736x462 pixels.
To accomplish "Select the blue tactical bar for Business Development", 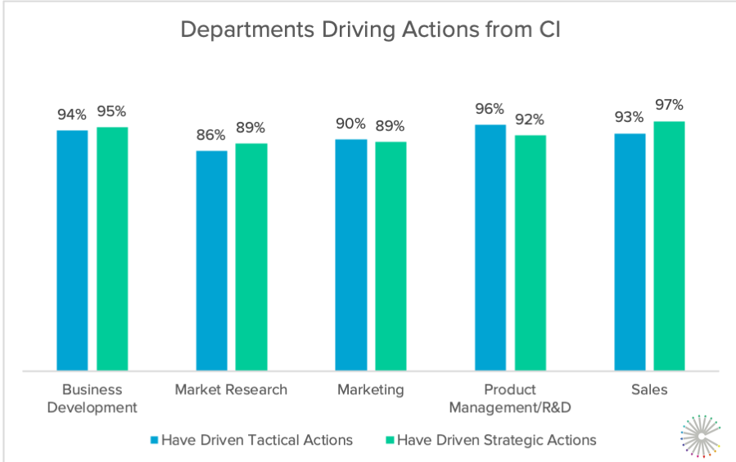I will (72, 250).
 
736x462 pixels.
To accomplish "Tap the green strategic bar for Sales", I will (669, 246).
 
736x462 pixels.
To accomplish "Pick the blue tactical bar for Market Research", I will (211, 260).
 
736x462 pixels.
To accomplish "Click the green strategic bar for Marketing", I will (391, 256).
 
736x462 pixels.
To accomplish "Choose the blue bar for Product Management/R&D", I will (490, 247).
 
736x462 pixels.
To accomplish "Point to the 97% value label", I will (669, 105).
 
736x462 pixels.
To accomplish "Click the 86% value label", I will (211, 134).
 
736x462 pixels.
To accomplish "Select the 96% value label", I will (490, 108).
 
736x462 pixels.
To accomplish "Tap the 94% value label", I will (72, 114).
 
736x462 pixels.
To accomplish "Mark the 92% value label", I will (531, 119).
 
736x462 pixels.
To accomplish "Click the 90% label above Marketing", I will (350, 123).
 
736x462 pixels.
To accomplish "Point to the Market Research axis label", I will (231, 390).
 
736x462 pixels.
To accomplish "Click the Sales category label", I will (649, 390).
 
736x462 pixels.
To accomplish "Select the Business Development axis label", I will (92, 398).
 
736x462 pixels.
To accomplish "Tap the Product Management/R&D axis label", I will (509, 398).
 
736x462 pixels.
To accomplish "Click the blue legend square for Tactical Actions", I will (154, 441).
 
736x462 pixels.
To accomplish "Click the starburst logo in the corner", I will (700, 433).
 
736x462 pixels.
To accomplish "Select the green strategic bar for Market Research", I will (251, 256).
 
